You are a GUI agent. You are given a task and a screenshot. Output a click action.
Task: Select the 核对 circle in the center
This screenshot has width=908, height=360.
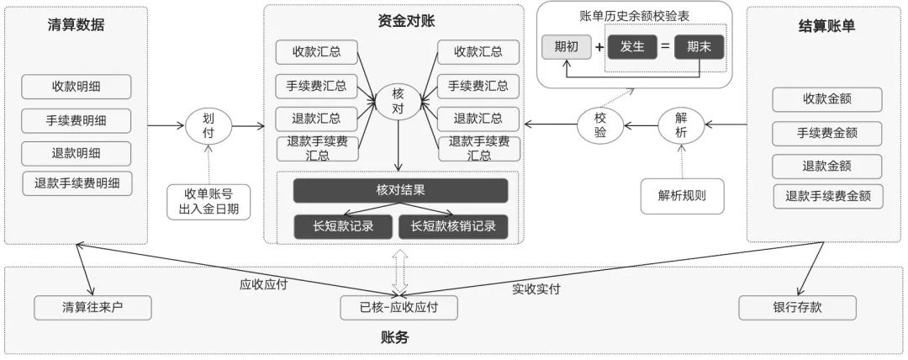(x=399, y=103)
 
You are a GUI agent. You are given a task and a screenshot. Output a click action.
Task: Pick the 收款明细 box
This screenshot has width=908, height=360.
(x=77, y=87)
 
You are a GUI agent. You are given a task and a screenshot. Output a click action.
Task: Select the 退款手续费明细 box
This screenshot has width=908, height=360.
(x=77, y=183)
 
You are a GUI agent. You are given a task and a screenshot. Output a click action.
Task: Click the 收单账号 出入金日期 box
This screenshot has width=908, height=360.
(x=209, y=201)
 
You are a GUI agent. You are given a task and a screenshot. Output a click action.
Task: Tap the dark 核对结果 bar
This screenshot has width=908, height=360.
(x=400, y=190)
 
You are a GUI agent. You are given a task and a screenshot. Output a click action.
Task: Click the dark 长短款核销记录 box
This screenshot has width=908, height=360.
(x=452, y=225)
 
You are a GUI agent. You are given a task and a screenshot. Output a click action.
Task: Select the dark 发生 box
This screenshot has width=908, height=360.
(x=631, y=47)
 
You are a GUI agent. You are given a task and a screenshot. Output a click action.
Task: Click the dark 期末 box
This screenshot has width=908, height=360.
(x=698, y=47)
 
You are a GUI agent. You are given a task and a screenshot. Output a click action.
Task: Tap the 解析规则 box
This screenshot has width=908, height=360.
(x=681, y=196)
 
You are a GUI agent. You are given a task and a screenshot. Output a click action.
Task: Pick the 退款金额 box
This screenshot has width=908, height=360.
(x=826, y=165)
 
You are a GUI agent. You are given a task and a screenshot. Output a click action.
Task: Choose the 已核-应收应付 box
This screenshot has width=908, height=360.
(x=399, y=308)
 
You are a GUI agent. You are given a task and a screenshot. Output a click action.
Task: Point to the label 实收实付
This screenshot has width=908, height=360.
(x=536, y=289)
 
